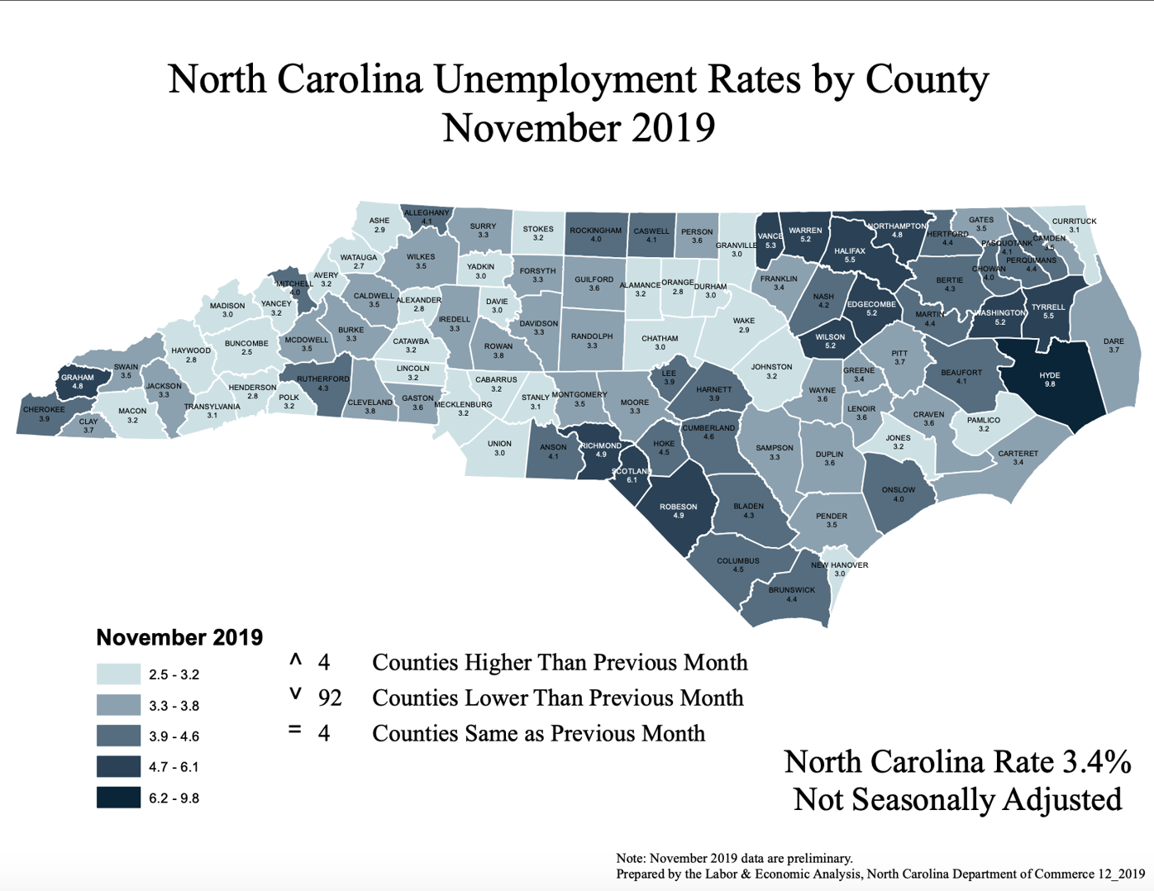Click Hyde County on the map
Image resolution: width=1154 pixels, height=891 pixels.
pos(1049,379)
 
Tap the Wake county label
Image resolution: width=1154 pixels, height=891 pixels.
pos(743,321)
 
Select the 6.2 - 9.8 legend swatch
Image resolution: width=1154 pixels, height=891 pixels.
pos(118,798)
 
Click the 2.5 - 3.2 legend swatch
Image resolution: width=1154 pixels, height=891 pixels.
pos(118,674)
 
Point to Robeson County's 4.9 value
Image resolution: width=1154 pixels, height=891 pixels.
pos(678,516)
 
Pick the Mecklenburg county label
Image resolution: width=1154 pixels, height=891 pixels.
pos(463,405)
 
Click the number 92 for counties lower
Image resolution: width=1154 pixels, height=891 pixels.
pos(330,698)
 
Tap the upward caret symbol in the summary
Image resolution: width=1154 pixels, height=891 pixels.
pos(295,660)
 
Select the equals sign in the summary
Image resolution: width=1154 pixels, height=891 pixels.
pos(295,731)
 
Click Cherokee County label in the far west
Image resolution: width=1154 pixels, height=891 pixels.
pos(44,409)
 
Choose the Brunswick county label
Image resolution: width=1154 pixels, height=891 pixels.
pos(791,590)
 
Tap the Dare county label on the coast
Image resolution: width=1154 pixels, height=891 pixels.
pos(1113,341)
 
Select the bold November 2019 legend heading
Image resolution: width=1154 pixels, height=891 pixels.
pos(179,637)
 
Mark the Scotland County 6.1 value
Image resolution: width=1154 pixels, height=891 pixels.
pos(632,480)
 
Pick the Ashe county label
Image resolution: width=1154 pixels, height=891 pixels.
pos(379,221)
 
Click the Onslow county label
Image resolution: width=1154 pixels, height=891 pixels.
pos(898,490)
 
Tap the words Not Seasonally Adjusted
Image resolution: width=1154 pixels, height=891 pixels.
pos(957,799)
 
